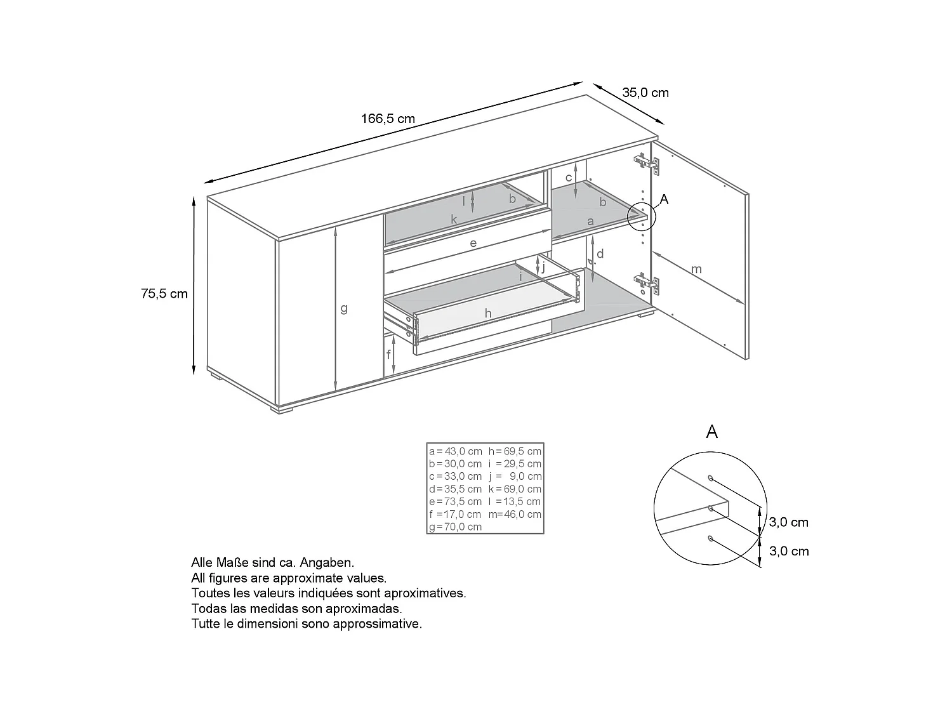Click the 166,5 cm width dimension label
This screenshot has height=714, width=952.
[388, 119]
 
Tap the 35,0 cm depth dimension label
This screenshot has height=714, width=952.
[645, 93]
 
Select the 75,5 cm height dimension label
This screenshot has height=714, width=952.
[164, 294]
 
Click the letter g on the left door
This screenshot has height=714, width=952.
[344, 308]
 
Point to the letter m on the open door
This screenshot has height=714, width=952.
[696, 269]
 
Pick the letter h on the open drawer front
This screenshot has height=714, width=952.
[487, 313]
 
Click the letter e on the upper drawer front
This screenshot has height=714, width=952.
[473, 243]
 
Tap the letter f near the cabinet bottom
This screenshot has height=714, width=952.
[388, 355]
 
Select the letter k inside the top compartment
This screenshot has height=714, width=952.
[454, 220]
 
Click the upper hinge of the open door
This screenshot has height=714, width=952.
[647, 164]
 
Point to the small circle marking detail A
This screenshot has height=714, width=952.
[640, 216]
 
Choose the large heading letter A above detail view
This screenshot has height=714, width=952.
[712, 432]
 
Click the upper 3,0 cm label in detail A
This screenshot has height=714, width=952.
[789, 522]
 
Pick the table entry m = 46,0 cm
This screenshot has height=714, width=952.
[515, 514]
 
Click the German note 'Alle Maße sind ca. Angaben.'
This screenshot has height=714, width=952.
[272, 562]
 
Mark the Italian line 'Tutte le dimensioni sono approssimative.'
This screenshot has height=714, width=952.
[307, 623]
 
